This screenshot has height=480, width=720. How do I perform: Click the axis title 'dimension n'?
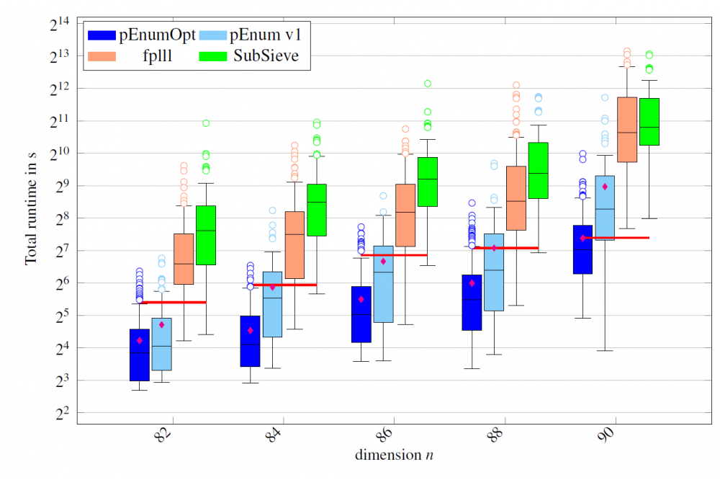[x=393, y=455]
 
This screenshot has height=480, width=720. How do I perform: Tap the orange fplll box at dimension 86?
[x=405, y=215]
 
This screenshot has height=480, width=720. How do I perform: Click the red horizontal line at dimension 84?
[x=285, y=285]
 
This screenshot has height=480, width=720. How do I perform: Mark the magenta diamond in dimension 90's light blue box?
[x=605, y=187]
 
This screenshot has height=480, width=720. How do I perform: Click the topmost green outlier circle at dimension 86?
[x=428, y=84]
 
